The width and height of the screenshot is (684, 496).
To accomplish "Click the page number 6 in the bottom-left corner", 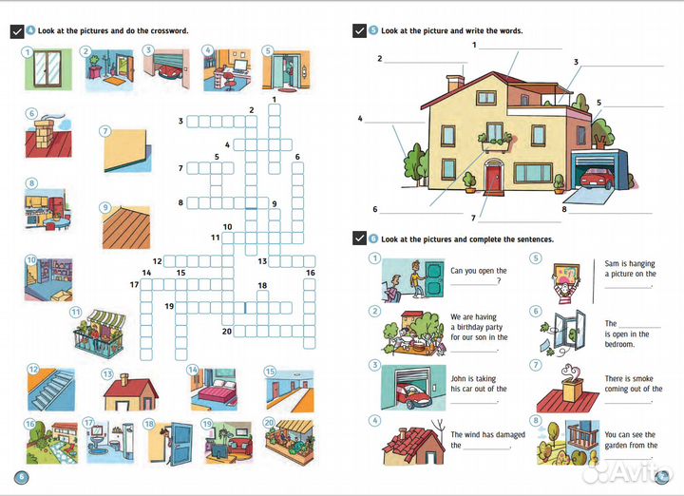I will coord(21,477).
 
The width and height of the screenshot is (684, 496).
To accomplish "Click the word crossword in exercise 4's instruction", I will coord(169,30).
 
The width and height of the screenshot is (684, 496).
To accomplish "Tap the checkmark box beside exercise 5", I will coord(358,30).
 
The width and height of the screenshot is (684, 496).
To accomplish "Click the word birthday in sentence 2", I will coord(468,327).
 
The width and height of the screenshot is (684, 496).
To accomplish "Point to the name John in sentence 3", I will coord(460,379).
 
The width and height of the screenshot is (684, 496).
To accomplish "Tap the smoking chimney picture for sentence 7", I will coord(566,386).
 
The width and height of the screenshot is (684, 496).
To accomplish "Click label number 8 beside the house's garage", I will coord(563,209).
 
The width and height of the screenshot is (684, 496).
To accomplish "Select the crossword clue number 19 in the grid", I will coord(168,306).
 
